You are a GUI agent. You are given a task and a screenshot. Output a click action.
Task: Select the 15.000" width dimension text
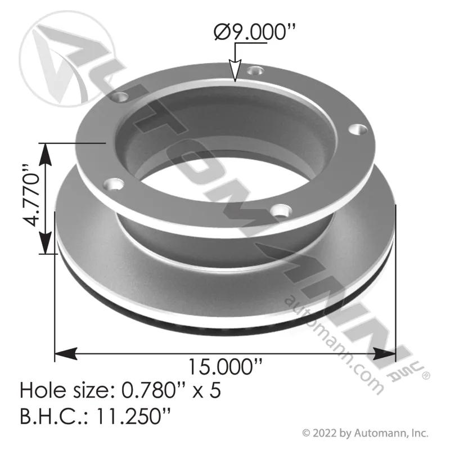[226, 367]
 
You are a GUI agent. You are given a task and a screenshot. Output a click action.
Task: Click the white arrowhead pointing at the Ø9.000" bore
[235, 71]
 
